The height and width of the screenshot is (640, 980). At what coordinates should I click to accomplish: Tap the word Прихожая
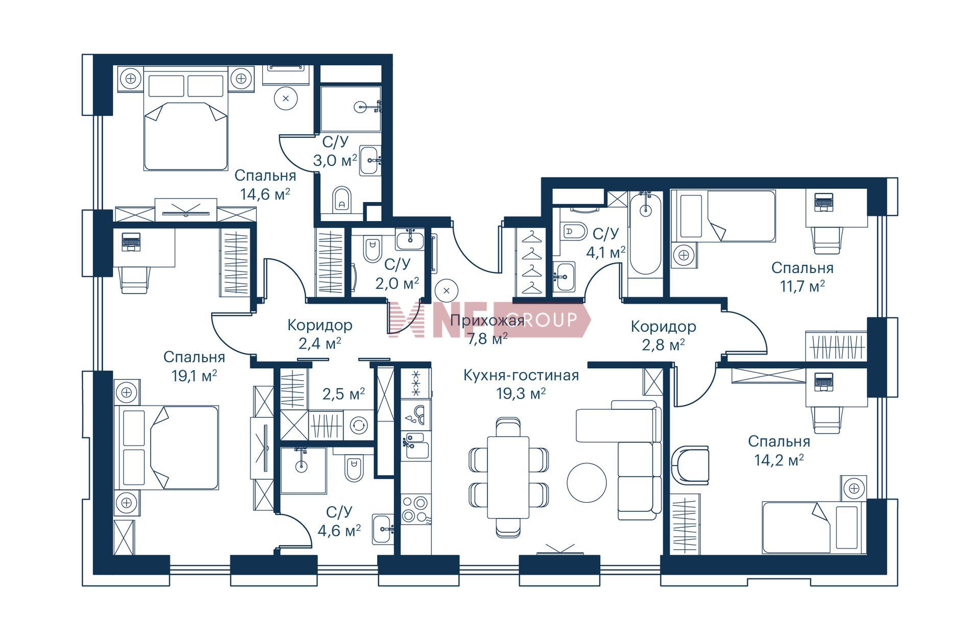[x=487, y=321]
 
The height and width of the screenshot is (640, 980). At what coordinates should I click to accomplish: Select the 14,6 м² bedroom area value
[x=265, y=194]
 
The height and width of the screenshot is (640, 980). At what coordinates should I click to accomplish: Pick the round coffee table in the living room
[x=587, y=482]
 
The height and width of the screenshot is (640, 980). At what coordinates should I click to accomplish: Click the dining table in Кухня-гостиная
[x=508, y=477]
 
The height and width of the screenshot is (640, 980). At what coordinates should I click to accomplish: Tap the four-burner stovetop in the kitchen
[x=415, y=508]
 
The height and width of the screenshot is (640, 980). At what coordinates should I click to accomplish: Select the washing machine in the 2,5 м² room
[x=359, y=425]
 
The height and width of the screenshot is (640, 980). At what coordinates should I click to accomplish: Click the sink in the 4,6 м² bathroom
[x=383, y=529]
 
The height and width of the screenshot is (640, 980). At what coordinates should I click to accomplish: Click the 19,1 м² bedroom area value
[x=194, y=376]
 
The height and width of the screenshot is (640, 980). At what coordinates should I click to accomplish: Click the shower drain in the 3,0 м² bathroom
[x=360, y=107]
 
